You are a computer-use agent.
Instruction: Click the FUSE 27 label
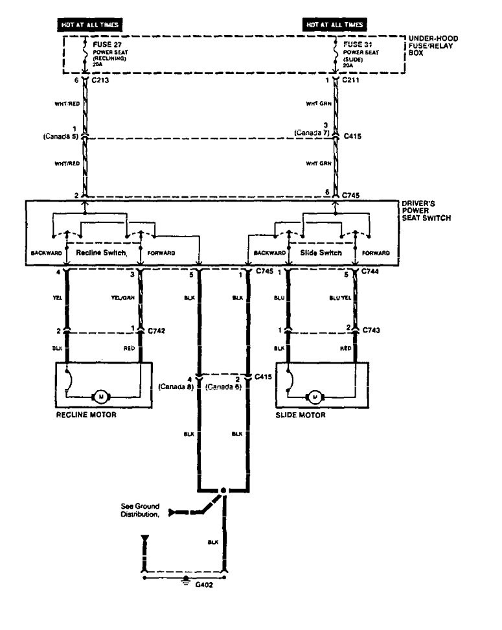click(x=105, y=45)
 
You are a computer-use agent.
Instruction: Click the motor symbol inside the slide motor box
click(x=316, y=395)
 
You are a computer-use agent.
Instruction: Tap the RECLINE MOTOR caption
click(x=86, y=415)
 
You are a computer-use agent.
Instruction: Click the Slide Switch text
click(x=319, y=252)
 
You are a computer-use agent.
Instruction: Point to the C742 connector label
click(x=157, y=331)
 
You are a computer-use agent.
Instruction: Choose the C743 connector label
click(x=371, y=331)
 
